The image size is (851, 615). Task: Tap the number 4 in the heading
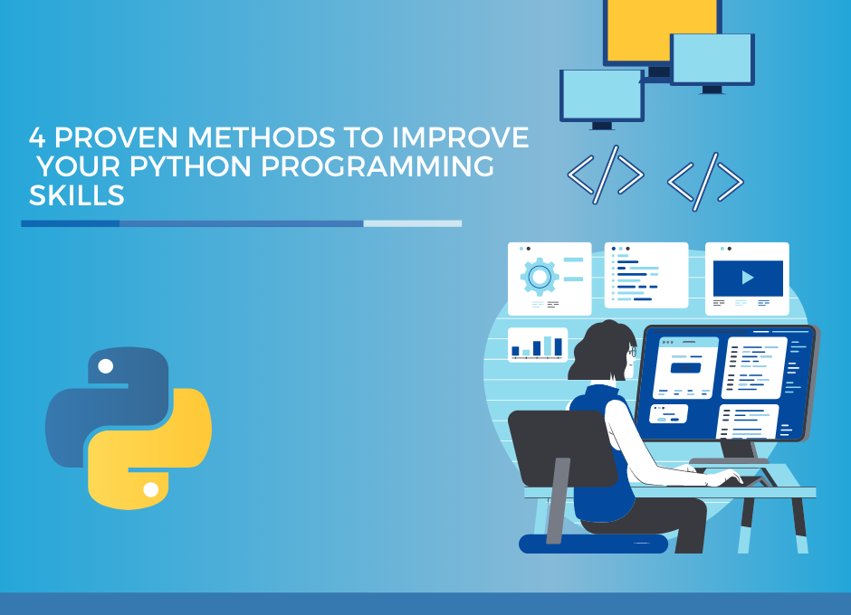(x=37, y=137)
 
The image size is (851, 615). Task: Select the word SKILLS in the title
(x=77, y=195)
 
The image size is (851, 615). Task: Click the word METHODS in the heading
(x=261, y=137)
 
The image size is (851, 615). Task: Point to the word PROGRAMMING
(x=378, y=166)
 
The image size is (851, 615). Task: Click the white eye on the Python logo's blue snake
(x=105, y=366)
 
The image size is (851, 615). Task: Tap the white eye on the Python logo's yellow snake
(x=151, y=489)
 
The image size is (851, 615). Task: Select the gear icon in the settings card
(x=540, y=277)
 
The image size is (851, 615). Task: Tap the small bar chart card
(x=537, y=345)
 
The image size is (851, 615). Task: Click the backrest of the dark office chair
(x=561, y=448)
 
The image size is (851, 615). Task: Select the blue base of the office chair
(x=593, y=544)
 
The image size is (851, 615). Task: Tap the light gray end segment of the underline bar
(x=413, y=223)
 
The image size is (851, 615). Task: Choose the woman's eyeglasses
(x=632, y=352)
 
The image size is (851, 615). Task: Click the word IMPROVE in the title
(x=460, y=137)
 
